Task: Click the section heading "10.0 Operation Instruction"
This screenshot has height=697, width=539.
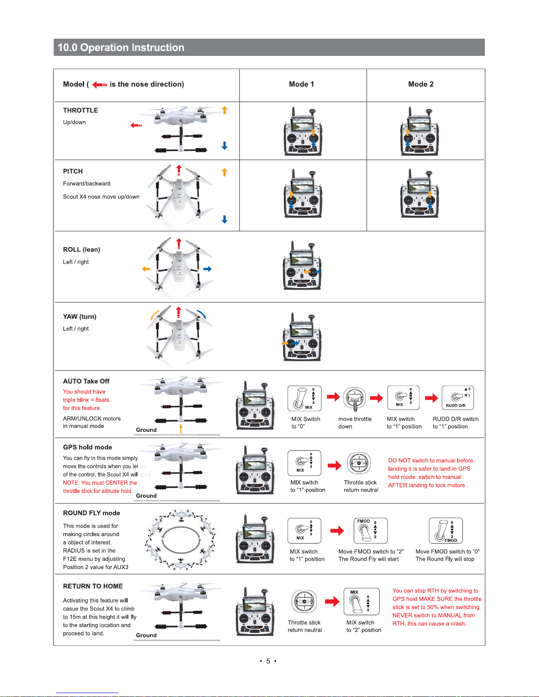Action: pos(121,47)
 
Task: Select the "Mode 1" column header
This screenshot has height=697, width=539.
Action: pos(301,84)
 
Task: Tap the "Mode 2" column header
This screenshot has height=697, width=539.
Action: pos(421,84)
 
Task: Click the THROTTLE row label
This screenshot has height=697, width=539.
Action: pos(81,110)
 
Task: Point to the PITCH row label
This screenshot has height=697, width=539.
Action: pos(73,172)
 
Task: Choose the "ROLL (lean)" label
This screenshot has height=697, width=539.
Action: pos(81,249)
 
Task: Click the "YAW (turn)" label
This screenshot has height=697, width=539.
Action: pos(80,317)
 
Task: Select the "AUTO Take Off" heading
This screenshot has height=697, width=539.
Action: pos(86,381)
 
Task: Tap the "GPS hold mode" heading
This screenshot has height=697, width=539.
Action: pos(88,447)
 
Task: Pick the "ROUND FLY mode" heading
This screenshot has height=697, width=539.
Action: pos(92,513)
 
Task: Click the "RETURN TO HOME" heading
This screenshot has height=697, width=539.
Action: pos(93,586)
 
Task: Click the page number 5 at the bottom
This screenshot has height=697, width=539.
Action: pos(268,661)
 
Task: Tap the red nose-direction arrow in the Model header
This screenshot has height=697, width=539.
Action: pos(99,84)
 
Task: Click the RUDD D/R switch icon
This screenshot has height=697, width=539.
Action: pos(457,398)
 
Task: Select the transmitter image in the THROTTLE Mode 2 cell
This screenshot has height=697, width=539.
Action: pos(420,132)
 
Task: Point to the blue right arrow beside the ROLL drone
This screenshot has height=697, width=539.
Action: pos(207,269)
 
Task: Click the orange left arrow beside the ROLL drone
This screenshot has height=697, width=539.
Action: pos(146,269)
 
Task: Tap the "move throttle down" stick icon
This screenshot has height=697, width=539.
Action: pos(355,399)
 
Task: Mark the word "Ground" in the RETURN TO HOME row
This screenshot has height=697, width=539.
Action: pos(146,635)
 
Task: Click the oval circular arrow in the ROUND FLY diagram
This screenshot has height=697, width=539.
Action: pos(181,540)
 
